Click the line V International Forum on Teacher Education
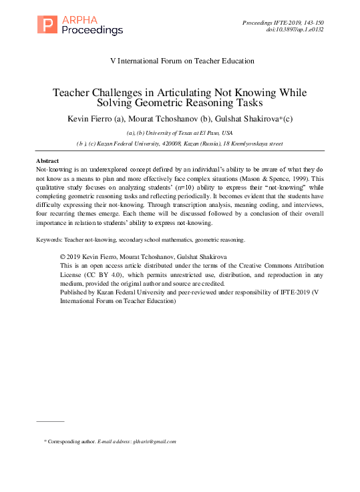click(182, 61)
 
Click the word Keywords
click(49, 239)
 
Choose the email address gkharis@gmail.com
click(154, 442)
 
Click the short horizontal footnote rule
click(49, 421)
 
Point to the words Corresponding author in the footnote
click(71, 442)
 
